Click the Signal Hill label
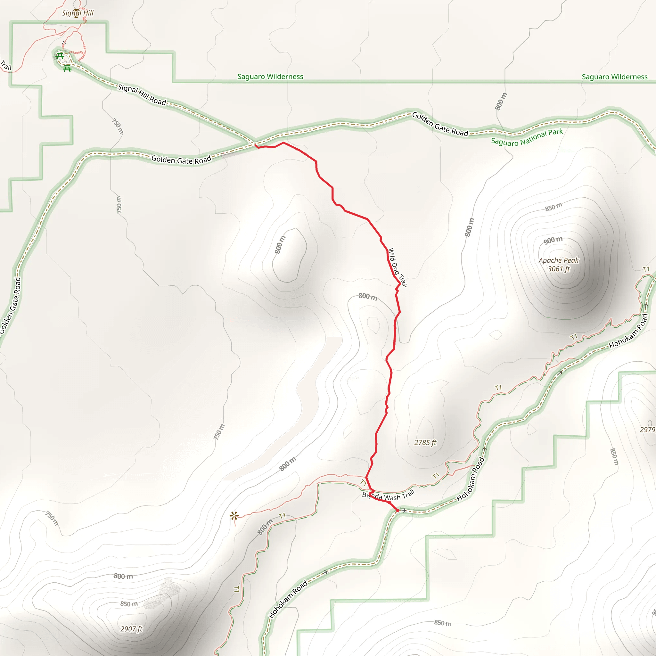(78, 13)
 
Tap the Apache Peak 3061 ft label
(559, 265)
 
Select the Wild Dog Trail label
(397, 267)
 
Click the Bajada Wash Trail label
(388, 496)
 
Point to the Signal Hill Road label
(142, 95)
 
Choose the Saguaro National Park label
(527, 137)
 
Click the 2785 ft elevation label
(425, 442)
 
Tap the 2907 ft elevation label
(131, 629)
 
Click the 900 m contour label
(553, 240)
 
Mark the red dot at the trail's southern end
(397, 510)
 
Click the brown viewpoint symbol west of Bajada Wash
(234, 516)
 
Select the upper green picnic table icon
(60, 55)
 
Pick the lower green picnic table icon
(67, 68)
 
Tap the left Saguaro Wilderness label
(270, 77)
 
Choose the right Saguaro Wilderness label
(614, 77)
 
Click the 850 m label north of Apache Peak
(553, 207)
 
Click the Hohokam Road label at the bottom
(288, 599)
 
